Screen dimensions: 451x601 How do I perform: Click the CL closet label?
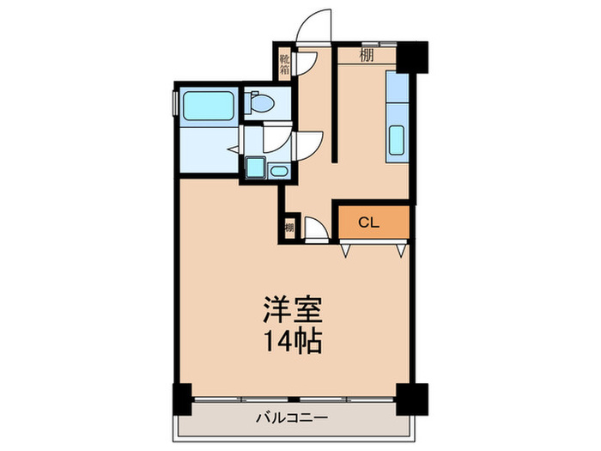[368, 223]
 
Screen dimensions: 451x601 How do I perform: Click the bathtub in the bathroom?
[206, 106]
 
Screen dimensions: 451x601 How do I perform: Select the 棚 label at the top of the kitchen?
[367, 56]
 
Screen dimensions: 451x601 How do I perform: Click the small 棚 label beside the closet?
[289, 228]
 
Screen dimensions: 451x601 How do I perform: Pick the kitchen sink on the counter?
[398, 143]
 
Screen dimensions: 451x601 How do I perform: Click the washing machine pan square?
[255, 167]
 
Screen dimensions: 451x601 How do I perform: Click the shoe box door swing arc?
[308, 60]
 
